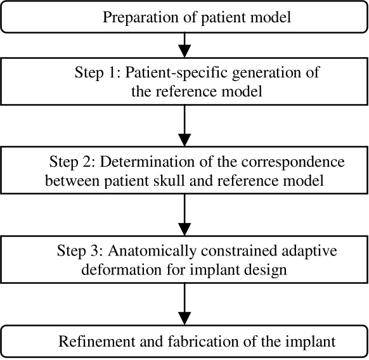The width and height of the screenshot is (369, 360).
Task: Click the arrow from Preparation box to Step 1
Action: (184, 44)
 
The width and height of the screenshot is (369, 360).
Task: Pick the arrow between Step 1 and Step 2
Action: (184, 126)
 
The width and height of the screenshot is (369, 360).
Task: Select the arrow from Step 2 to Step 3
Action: (184, 215)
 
